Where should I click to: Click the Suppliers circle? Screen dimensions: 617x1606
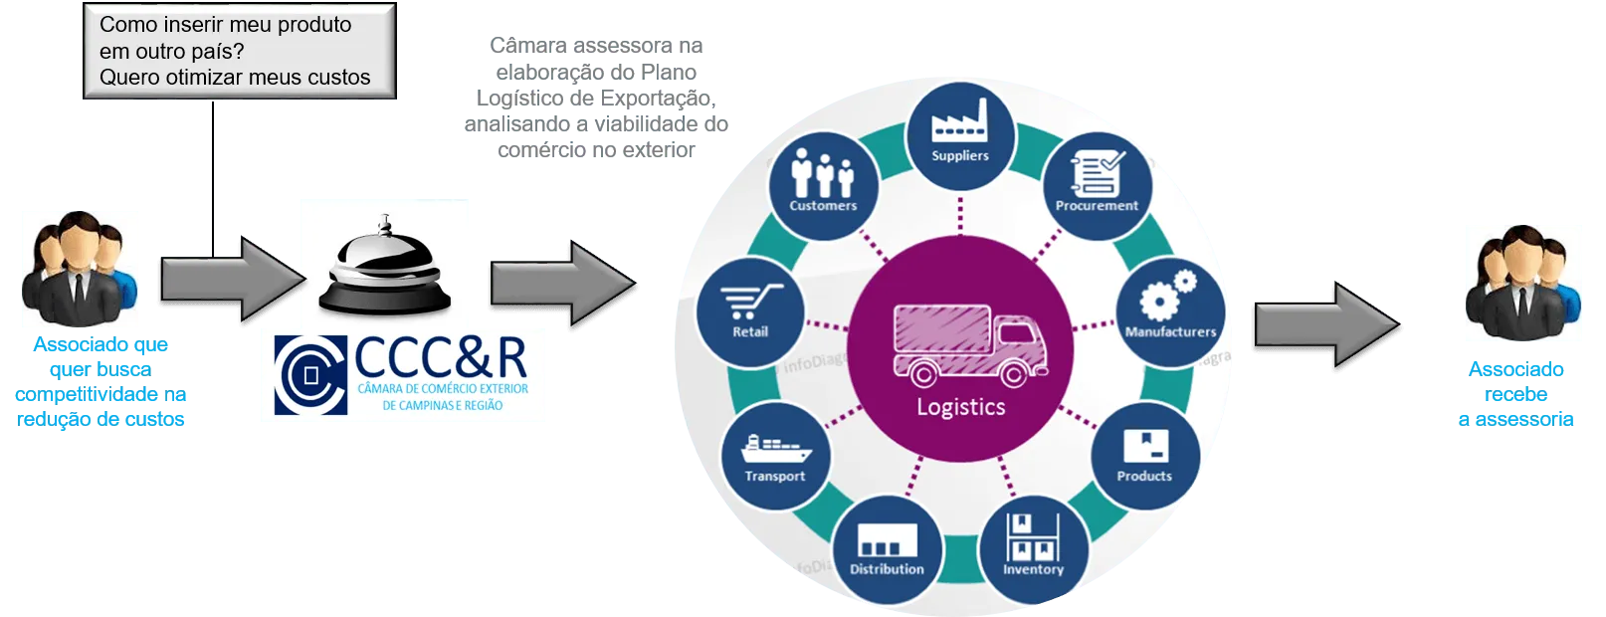point(960,136)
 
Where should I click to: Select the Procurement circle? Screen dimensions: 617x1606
point(1097,186)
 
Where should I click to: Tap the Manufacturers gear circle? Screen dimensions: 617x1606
point(1170,312)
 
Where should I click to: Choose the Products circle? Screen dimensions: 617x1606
point(1144,456)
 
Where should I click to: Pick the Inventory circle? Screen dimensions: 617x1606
point(1033,549)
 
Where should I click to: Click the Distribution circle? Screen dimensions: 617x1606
point(887,549)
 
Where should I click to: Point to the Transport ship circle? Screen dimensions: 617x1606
point(775,456)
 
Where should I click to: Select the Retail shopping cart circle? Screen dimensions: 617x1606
point(750,312)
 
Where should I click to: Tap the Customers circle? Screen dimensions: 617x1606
point(823,186)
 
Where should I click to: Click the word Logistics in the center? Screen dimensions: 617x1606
point(960,407)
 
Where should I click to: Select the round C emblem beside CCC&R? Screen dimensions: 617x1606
point(310,376)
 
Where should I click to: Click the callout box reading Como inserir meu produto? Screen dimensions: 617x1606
point(239,51)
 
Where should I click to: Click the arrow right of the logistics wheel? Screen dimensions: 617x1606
point(1327,325)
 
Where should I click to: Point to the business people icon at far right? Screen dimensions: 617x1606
point(1523,283)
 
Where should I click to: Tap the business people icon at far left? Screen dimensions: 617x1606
point(80,270)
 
